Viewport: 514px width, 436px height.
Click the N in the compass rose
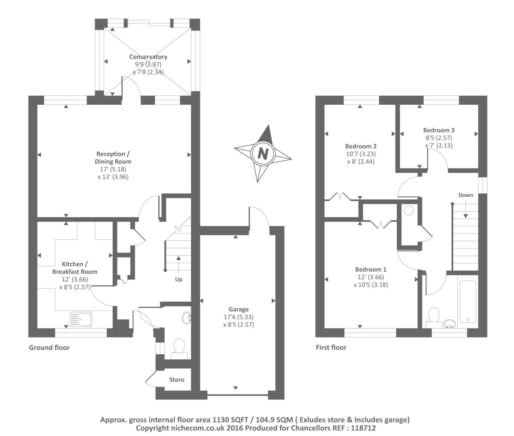[263, 153]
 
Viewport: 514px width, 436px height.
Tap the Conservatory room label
[148, 57]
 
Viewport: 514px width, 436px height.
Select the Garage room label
[239, 309]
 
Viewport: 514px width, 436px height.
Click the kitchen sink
[81, 319]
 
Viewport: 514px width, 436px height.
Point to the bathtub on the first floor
[468, 302]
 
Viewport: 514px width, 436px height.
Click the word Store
[177, 380]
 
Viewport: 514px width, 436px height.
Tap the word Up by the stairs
[179, 279]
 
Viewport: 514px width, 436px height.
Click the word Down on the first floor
[466, 195]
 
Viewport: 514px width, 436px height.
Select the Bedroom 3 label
[439, 130]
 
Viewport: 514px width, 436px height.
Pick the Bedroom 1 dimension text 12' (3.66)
[371, 277]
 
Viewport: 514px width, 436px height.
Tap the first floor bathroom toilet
[434, 318]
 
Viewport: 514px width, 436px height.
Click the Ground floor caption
[49, 347]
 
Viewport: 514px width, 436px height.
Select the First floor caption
[331, 347]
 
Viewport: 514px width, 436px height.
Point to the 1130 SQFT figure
[230, 420]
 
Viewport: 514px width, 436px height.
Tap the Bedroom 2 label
[361, 146]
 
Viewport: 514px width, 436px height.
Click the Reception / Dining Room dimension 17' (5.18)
[113, 169]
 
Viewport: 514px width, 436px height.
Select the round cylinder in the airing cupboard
[409, 211]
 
